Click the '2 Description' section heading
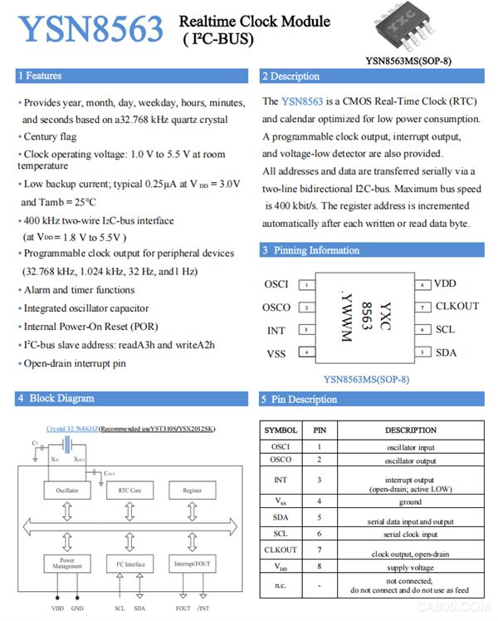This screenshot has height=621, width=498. tap(290, 76)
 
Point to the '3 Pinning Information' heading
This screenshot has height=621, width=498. tap(310, 249)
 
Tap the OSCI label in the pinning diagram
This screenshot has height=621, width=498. tap(276, 284)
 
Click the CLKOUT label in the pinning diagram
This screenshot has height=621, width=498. tap(457, 307)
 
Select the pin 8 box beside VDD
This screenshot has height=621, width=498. tap(422, 284)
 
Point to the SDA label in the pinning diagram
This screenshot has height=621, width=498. tap(446, 352)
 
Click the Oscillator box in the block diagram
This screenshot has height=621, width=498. tap(67, 490)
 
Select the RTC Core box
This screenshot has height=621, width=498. tap(129, 490)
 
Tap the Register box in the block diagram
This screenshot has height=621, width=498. tap(192, 490)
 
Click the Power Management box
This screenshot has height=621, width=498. tap(67, 563)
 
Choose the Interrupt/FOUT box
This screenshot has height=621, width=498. tap(192, 563)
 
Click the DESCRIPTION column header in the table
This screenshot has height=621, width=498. tap(410, 431)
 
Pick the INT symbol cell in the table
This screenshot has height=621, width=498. tap(281, 480)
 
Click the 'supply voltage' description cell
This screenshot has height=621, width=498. tap(410, 568)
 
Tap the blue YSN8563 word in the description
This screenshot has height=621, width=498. tap(302, 101)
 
